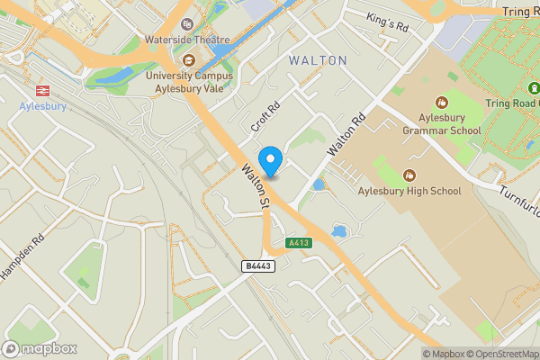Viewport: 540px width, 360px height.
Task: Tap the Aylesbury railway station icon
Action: [x=40, y=90]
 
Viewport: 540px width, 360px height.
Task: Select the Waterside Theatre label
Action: [x=188, y=40]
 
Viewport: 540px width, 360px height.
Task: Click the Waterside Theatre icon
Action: [x=187, y=24]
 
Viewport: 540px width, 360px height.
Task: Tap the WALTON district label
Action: [x=318, y=60]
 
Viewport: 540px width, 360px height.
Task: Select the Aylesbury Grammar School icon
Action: [x=441, y=103]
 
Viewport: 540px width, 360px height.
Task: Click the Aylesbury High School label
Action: [x=409, y=191]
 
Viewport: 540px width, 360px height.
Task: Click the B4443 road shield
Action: [x=258, y=266]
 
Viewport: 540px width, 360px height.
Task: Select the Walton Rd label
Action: [x=346, y=133]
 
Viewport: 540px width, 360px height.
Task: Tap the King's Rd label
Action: [x=388, y=22]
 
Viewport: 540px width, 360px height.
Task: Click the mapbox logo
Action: [x=40, y=348]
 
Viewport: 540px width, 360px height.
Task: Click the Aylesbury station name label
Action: [x=40, y=106]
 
